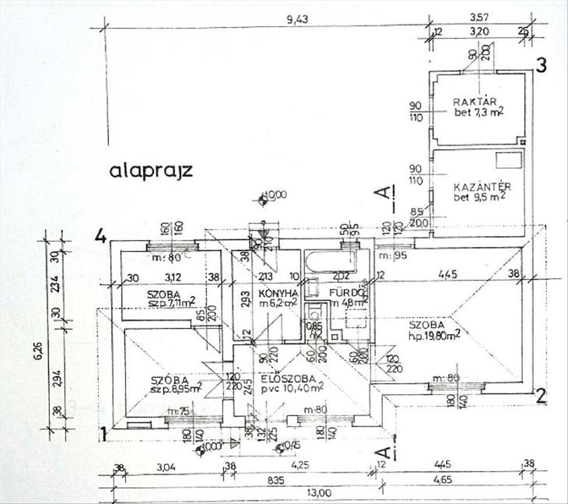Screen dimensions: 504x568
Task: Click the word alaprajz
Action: pyautogui.click(x=151, y=170)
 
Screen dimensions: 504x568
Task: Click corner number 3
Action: pyautogui.click(x=541, y=66)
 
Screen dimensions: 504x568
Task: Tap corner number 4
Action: pyautogui.click(x=101, y=236)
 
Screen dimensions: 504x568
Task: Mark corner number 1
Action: pyautogui.click(x=103, y=433)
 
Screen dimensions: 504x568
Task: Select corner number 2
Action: pyautogui.click(x=541, y=396)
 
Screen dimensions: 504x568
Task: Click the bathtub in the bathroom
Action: pyautogui.click(x=331, y=262)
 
